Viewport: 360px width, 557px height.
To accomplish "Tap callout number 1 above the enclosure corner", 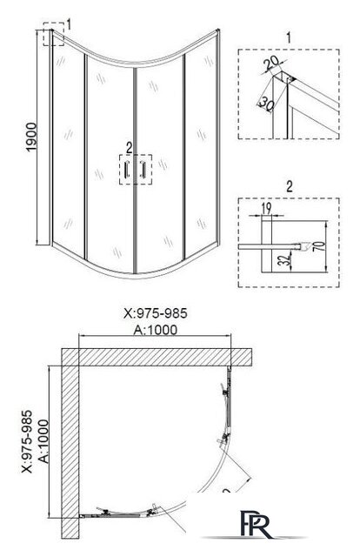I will pyautogui.click(x=70, y=19).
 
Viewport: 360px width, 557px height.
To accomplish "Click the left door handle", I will pyautogui.click(x=125, y=169).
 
